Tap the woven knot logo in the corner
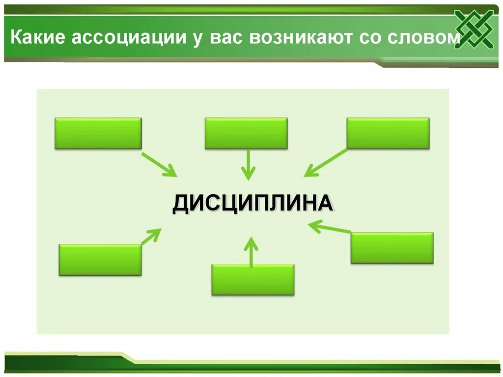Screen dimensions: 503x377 [x=475, y=29]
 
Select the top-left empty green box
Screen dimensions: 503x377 [x=98, y=133]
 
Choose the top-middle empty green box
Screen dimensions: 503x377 [x=246, y=133]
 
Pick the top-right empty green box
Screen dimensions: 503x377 [x=388, y=133]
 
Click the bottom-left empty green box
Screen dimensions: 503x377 [x=100, y=260]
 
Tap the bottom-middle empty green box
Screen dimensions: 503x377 [x=253, y=280]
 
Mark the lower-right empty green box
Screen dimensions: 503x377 [x=392, y=248]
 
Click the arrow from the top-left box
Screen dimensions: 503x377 [x=159, y=164]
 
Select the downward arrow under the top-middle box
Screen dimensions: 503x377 [x=249, y=165]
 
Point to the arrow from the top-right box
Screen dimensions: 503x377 [x=325, y=163]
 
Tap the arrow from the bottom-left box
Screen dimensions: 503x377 [x=151, y=235]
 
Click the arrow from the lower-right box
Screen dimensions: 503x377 [x=330, y=227]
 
